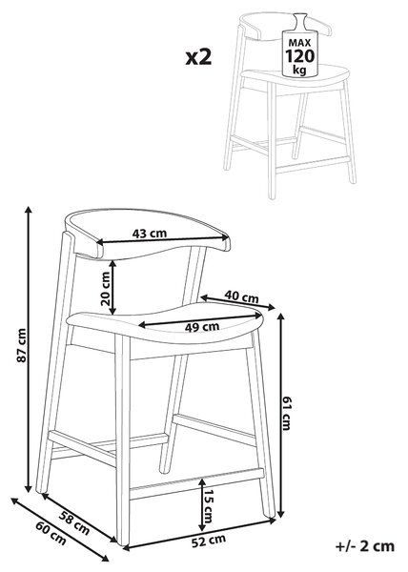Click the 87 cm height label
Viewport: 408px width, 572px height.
[22, 345]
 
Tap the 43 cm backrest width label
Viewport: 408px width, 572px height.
[150, 234]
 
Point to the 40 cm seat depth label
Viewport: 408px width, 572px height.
[241, 296]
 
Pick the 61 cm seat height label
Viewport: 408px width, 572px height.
[286, 414]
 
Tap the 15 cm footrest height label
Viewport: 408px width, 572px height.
[208, 506]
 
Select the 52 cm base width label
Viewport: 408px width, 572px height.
[209, 541]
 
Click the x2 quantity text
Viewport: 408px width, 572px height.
[198, 57]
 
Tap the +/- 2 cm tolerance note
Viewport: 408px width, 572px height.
[364, 546]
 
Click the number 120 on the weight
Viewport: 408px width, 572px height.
[299, 56]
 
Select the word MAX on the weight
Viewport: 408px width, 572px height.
[299, 43]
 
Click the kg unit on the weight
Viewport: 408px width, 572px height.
[299, 70]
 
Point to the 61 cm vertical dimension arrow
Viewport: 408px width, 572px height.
[280, 415]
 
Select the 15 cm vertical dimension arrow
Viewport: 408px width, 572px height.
[201, 505]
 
